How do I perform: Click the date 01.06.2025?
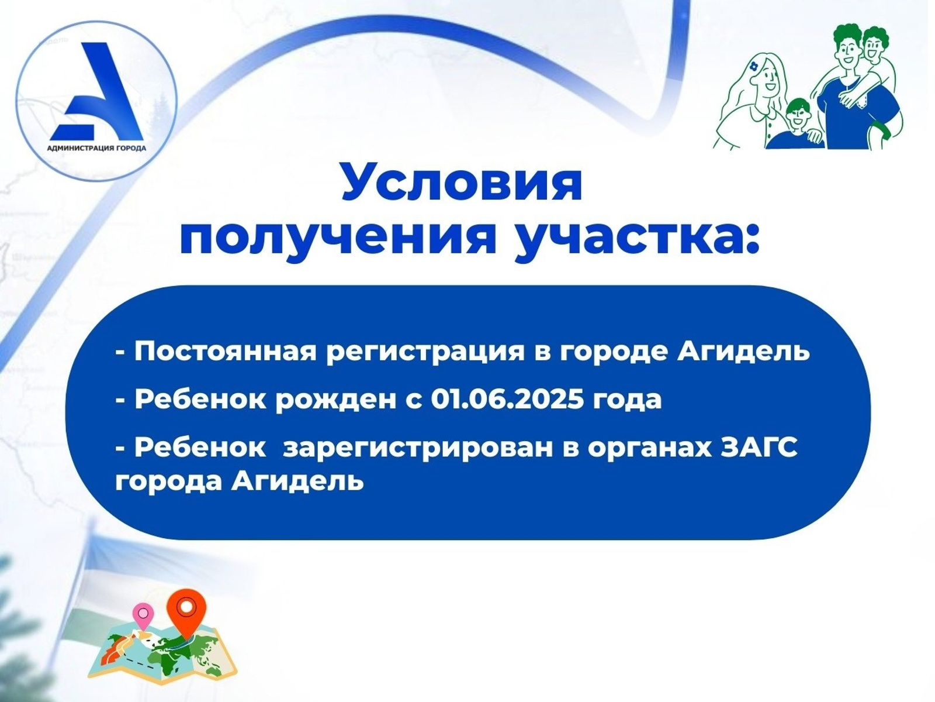click(507, 399)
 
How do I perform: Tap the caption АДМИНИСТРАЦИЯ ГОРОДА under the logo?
click(96, 149)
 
